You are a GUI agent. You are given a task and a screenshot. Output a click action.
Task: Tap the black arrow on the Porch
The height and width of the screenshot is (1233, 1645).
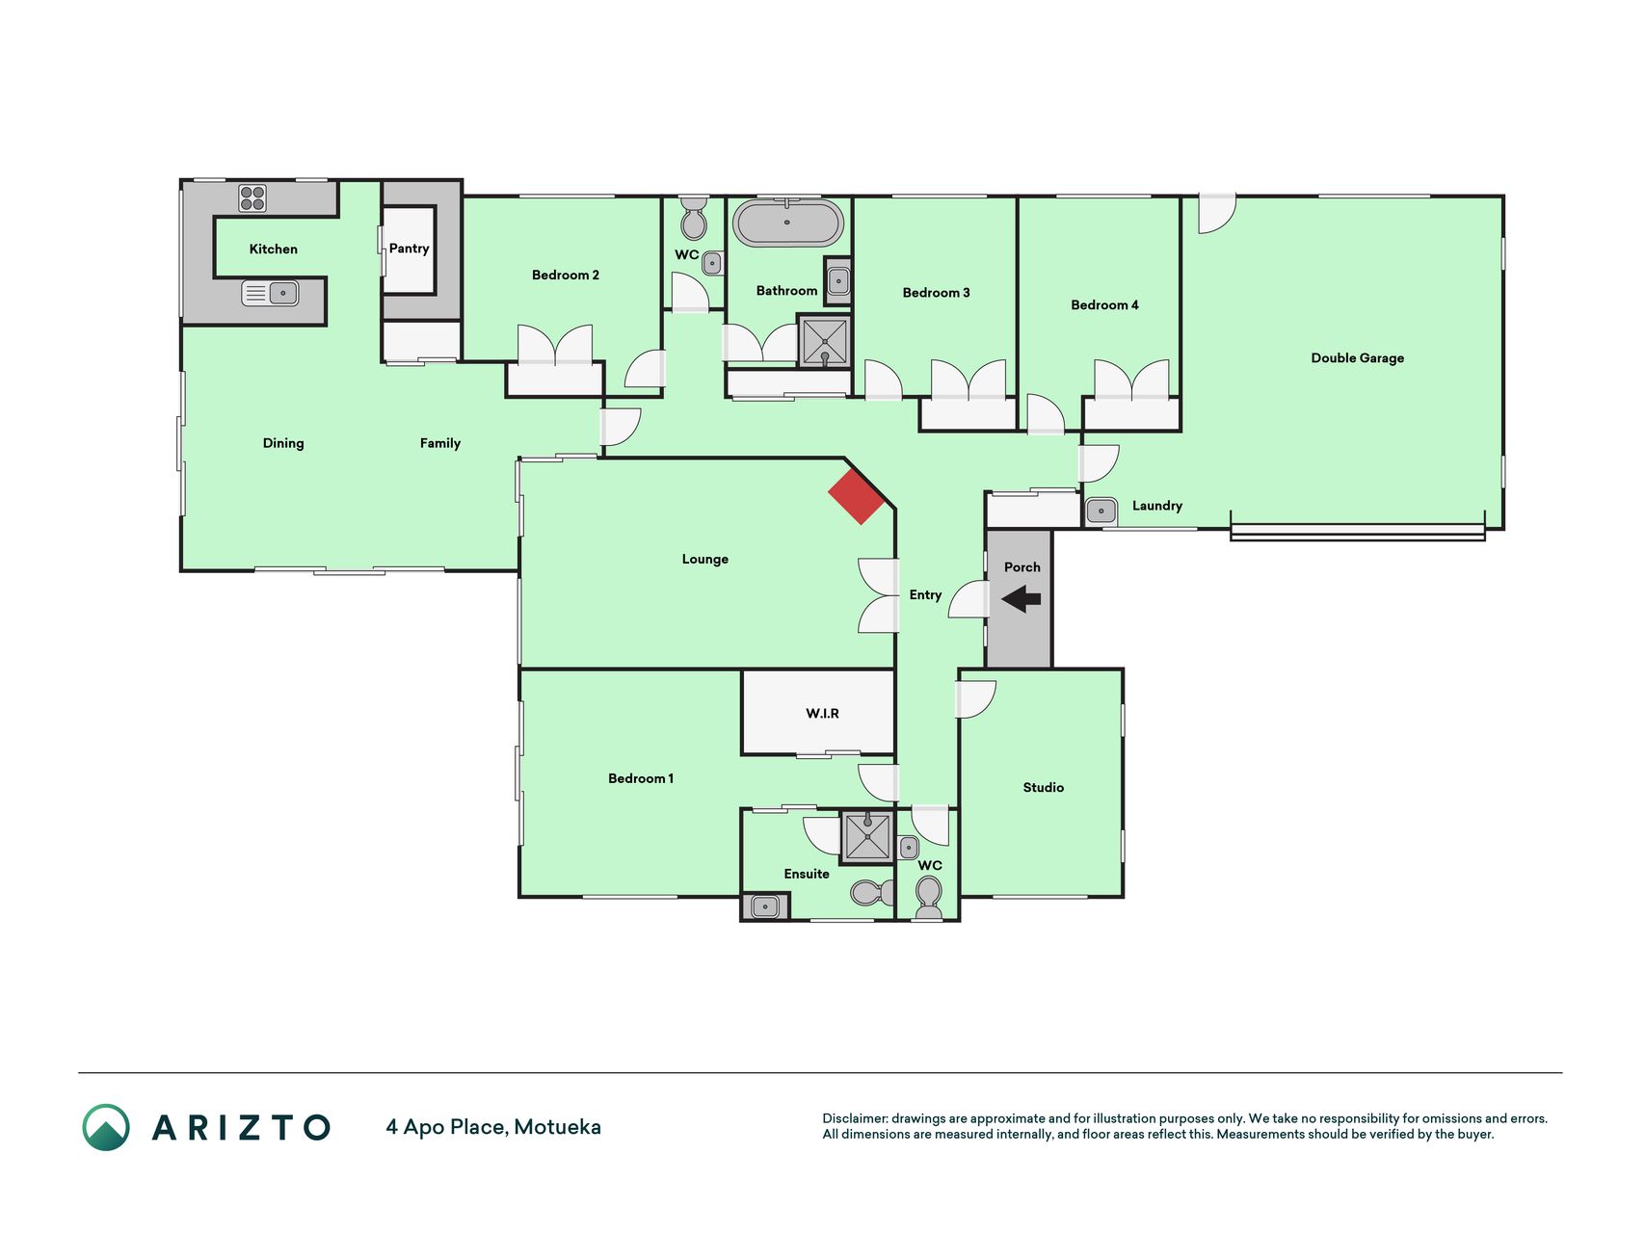[x=1021, y=599]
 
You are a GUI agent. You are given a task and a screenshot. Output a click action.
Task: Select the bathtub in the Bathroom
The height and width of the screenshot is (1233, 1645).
[x=787, y=223]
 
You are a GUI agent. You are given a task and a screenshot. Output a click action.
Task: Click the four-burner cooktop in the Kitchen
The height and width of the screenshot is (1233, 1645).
[x=252, y=198]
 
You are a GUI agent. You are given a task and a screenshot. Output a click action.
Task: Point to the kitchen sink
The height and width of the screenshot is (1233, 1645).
[x=270, y=293]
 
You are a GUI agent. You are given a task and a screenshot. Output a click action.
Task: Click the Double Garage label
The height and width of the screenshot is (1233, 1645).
[x=1357, y=358]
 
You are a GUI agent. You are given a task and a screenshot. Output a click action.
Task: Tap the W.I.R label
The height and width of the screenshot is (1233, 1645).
[x=822, y=714]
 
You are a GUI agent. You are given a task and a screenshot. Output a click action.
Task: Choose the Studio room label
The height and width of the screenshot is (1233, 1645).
[x=1043, y=788]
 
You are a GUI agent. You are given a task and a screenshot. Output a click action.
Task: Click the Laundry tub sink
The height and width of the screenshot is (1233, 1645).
[x=1101, y=511]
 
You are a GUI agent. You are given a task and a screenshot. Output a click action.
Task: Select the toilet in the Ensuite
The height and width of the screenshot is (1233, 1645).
[x=872, y=893]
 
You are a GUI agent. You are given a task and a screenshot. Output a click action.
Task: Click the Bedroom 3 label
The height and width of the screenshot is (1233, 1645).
[x=936, y=293]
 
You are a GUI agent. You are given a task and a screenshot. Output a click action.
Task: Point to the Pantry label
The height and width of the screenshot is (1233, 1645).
[x=409, y=249]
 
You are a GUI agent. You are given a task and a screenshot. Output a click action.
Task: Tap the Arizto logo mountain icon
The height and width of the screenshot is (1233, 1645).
[x=106, y=1128]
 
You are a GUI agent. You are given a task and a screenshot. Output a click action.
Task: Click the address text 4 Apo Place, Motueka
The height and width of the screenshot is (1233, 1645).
[x=493, y=1127]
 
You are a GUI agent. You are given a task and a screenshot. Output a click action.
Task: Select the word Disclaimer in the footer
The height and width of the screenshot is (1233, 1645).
[x=854, y=1118]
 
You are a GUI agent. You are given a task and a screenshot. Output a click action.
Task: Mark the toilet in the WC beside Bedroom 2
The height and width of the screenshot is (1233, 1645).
[x=693, y=219]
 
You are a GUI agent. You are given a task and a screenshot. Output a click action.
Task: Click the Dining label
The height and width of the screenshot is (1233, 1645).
[x=283, y=443]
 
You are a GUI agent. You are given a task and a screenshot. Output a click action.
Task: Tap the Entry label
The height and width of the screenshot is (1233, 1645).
[x=925, y=595]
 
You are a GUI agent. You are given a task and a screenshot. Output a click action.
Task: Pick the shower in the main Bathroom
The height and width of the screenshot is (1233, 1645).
[x=824, y=341]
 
